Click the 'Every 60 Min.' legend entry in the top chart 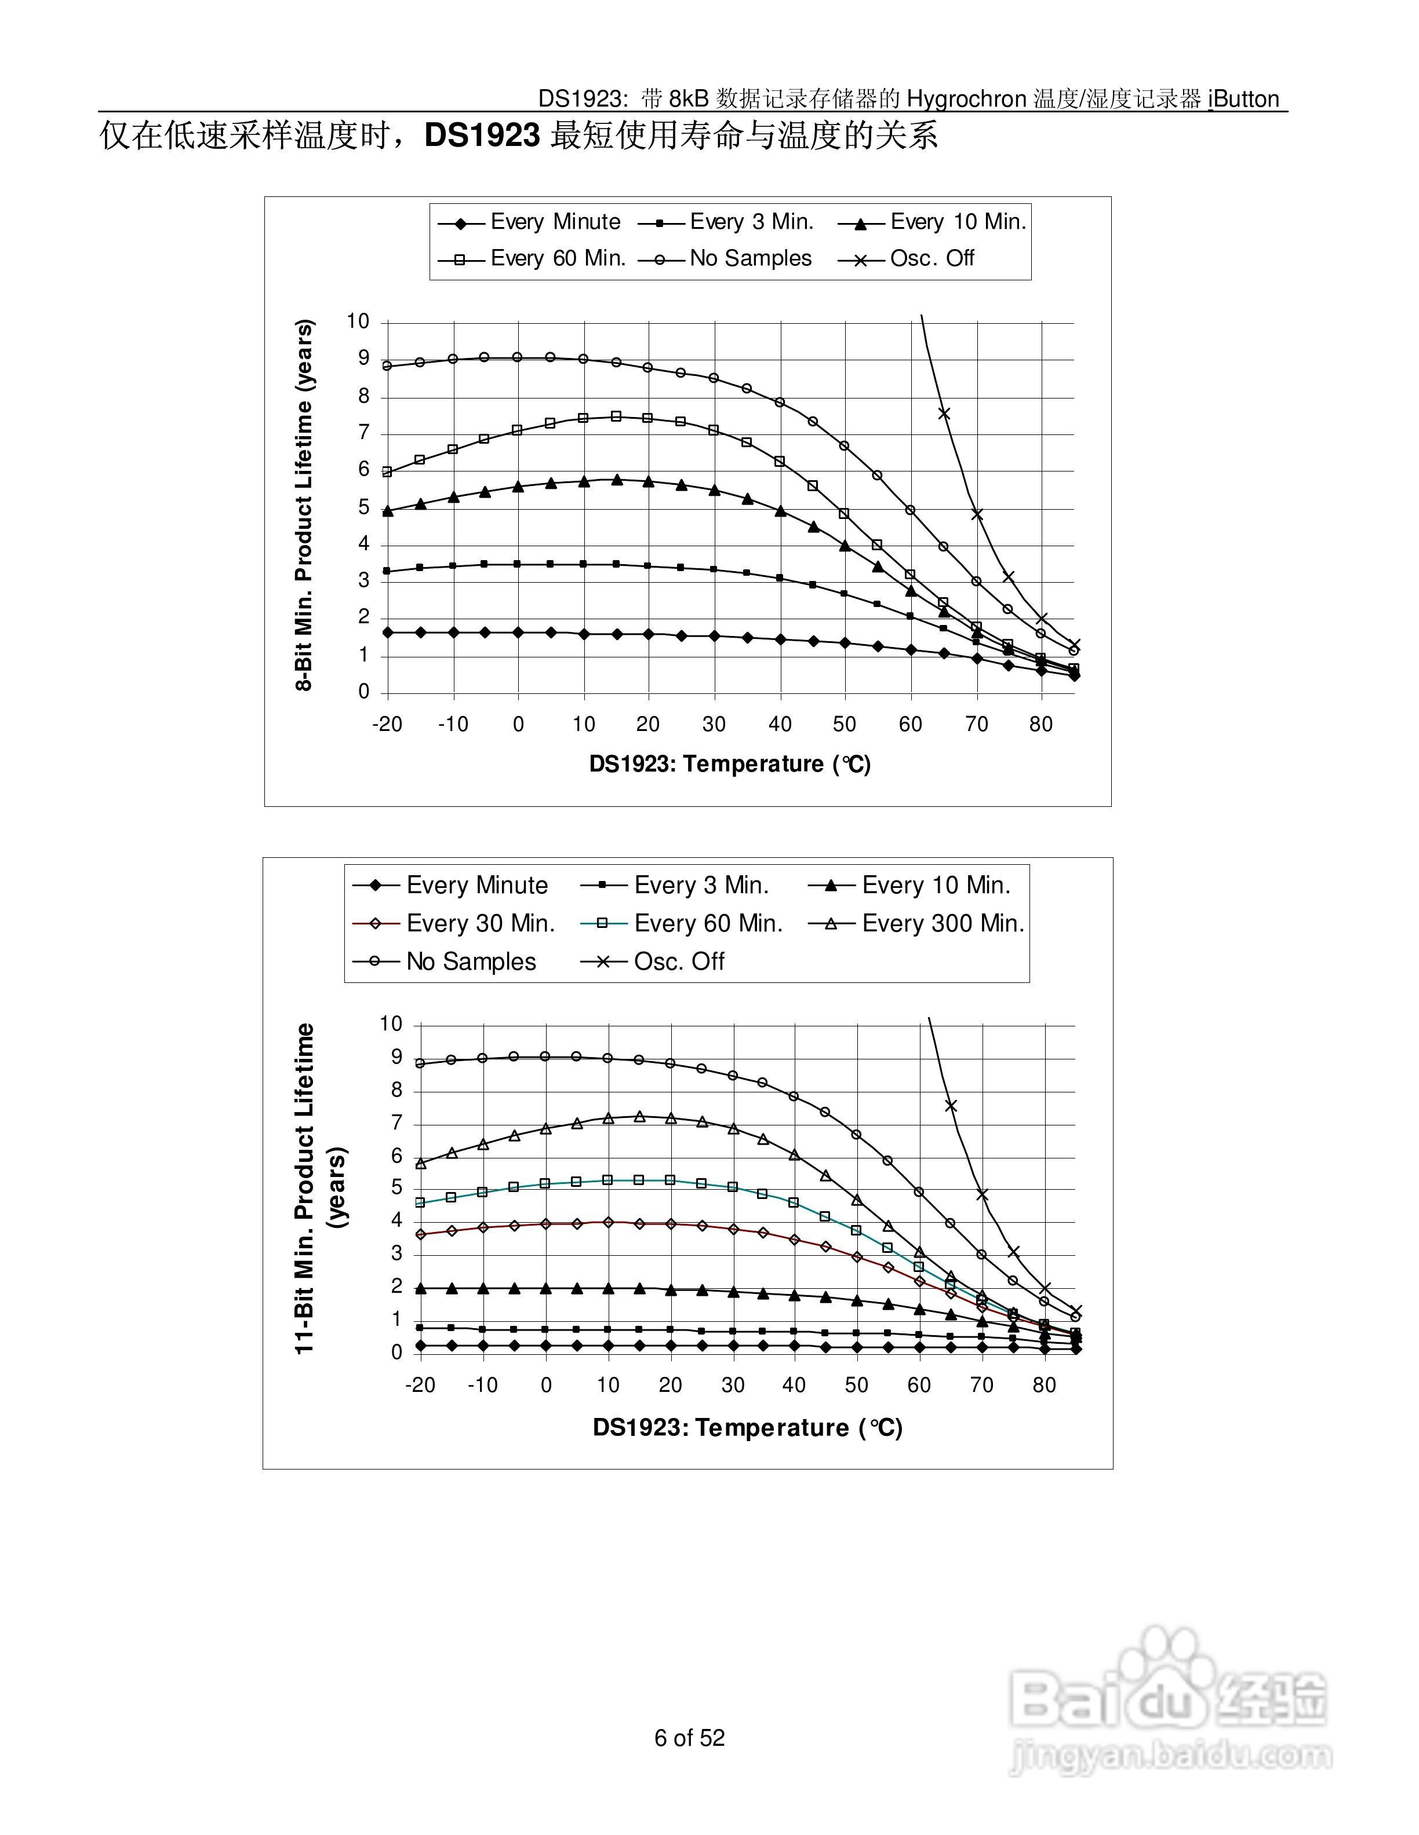pyautogui.click(x=558, y=259)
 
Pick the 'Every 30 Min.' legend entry pyautogui.click(x=480, y=923)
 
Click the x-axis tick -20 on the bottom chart pyautogui.click(x=420, y=1386)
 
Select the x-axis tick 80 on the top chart pyautogui.click(x=1040, y=724)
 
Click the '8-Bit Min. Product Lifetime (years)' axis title pyautogui.click(x=304, y=505)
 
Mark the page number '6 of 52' pyautogui.click(x=689, y=1738)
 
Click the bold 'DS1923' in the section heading pyautogui.click(x=482, y=136)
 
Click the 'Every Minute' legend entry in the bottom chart pyautogui.click(x=476, y=886)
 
